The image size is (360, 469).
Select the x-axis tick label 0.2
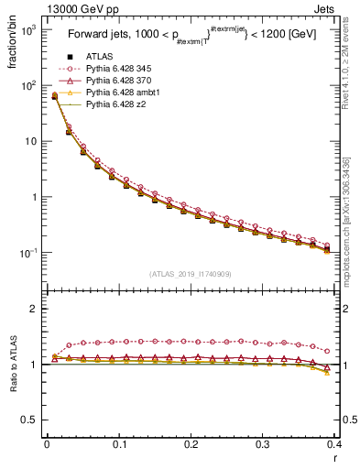coord(191,444)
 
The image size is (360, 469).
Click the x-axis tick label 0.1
coord(118,444)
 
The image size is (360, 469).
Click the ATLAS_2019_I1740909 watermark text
coord(190,274)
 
